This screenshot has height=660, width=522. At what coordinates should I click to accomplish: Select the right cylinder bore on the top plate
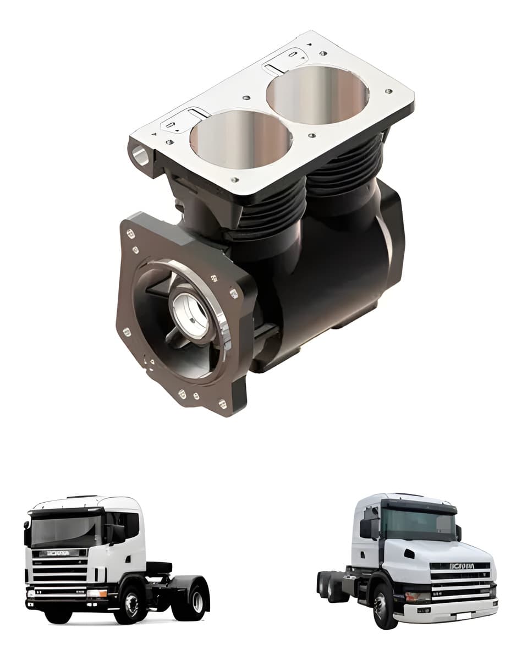click(317, 95)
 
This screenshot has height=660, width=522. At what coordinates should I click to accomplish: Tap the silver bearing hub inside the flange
click(190, 311)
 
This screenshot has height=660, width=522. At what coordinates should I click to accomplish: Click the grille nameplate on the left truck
click(59, 553)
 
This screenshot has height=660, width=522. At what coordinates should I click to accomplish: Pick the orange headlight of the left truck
click(97, 593)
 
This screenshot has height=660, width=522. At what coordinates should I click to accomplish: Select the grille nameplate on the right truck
click(462, 566)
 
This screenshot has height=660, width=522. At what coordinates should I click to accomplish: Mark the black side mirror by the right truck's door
click(366, 528)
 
